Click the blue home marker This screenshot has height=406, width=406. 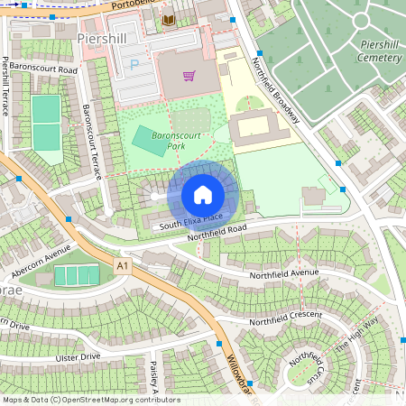pyautogui.click(x=203, y=195)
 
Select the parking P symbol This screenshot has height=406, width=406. pyautogui.click(x=135, y=65)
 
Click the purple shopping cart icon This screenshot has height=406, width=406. pyautogui.click(x=189, y=76)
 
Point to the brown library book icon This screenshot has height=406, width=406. pyautogui.click(x=167, y=20)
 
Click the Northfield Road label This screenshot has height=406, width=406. pyautogui.click(x=217, y=234)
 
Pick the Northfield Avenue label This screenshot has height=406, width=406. pyautogui.click(x=284, y=272)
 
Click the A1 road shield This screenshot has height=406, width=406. pyautogui.click(x=122, y=264)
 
